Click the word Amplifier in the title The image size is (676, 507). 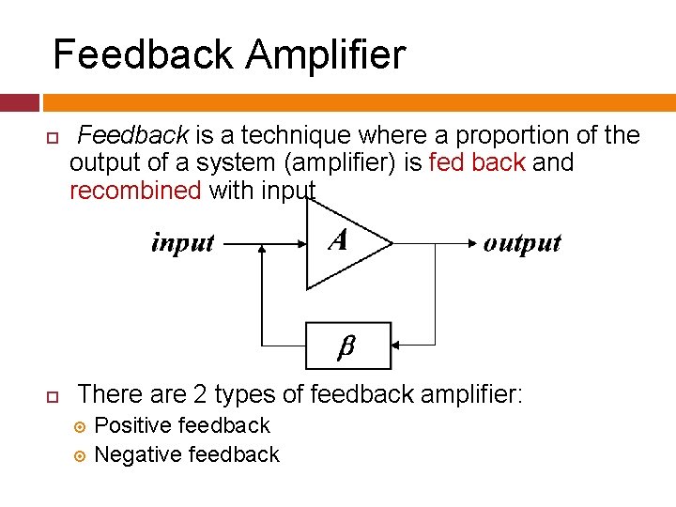pyautogui.click(x=326, y=54)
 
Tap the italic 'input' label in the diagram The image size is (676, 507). pyautogui.click(x=183, y=243)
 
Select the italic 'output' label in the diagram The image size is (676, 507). pyautogui.click(x=522, y=243)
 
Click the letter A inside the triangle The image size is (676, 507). pyautogui.click(x=338, y=240)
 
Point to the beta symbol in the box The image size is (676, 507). pyautogui.click(x=346, y=346)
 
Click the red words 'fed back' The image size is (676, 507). pyautogui.click(x=476, y=163)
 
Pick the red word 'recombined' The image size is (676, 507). pyautogui.click(x=135, y=191)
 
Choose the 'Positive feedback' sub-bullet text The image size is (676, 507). pyautogui.click(x=182, y=425)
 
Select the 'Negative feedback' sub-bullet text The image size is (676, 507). pyautogui.click(x=187, y=454)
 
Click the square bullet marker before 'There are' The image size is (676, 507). pyautogui.click(x=53, y=395)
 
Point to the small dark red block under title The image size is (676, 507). pyautogui.click(x=20, y=102)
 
